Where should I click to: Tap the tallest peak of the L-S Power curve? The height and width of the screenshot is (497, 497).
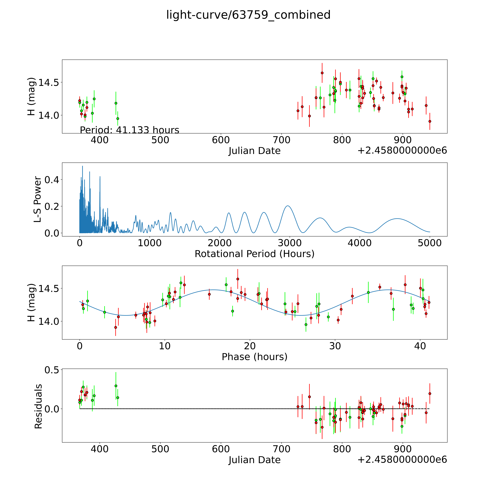click(x=82, y=166)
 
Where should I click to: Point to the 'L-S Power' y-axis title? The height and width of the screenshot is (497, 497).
click(x=38, y=199)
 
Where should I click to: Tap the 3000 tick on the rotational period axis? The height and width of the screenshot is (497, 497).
click(x=290, y=243)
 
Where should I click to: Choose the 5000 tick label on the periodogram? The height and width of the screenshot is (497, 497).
click(x=430, y=243)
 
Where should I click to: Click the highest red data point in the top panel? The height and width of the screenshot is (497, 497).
click(x=322, y=73)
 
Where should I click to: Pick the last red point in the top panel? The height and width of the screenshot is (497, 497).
click(x=430, y=121)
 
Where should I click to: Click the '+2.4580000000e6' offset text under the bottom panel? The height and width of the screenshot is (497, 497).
click(x=402, y=459)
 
